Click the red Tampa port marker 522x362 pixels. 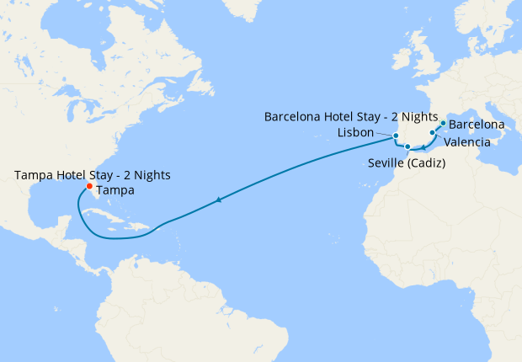pos(89,187)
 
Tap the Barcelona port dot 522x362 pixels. pos(443,124)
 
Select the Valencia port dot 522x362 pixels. pos(433,133)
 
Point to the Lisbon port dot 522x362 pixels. pos(394,135)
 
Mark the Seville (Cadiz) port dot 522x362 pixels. pos(407,147)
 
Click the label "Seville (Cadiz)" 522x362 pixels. pos(407,162)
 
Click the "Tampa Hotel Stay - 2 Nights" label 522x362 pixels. pos(93,175)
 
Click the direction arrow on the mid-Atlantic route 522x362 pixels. pos(219,200)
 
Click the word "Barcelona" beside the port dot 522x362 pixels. pos(477,125)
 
